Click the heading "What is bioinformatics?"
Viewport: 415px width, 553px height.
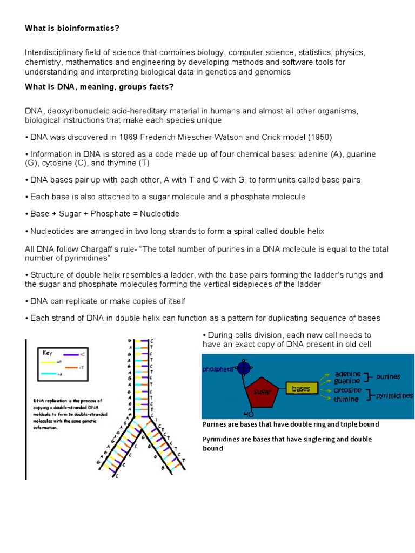click(71, 28)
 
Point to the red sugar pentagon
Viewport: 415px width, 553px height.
click(263, 390)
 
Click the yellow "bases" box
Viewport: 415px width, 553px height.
click(301, 388)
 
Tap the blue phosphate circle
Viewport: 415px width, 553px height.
click(245, 368)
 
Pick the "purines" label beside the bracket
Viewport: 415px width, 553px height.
click(388, 376)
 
